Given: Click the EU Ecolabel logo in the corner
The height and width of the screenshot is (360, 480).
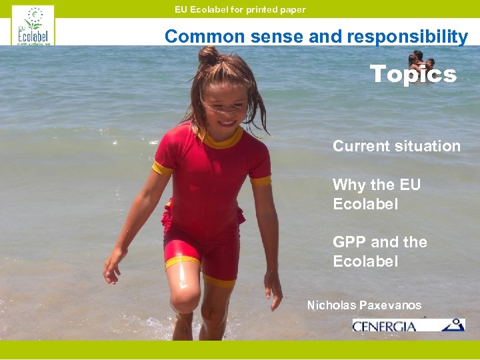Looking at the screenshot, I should pyautogui.click(x=33, y=25).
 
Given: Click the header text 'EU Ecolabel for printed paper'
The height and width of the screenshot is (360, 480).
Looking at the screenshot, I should pyautogui.click(x=240, y=9).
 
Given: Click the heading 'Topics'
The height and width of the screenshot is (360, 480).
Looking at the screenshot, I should pyautogui.click(x=413, y=74).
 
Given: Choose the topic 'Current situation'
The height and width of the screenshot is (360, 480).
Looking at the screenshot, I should pyautogui.click(x=397, y=146).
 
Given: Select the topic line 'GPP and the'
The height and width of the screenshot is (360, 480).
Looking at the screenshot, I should pyautogui.click(x=380, y=242).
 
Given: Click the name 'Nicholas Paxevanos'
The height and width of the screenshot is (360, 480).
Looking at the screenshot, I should pyautogui.click(x=364, y=305).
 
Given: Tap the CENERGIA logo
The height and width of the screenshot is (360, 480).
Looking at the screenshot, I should pyautogui.click(x=408, y=325).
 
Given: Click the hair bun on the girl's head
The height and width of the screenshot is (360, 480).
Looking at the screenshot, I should pyautogui.click(x=209, y=55).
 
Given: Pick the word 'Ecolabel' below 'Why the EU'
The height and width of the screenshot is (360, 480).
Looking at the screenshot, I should pyautogui.click(x=365, y=204).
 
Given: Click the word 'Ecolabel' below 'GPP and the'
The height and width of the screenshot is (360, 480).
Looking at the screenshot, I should pyautogui.click(x=365, y=261).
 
